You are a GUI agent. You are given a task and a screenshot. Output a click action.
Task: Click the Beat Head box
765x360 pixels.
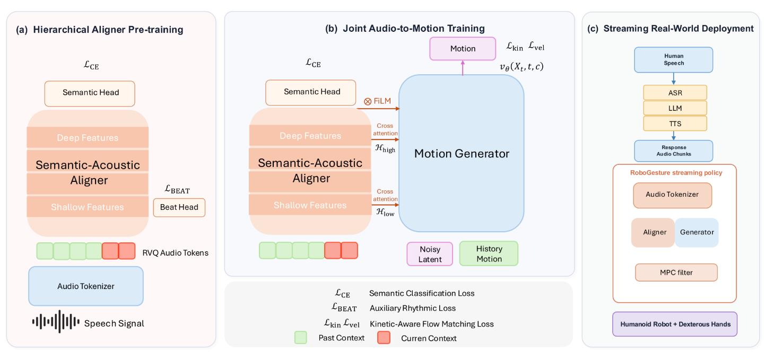[179, 207]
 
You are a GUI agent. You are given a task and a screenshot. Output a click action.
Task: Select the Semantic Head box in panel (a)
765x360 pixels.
[90, 93]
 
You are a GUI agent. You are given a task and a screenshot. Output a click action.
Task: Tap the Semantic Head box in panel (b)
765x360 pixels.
[311, 92]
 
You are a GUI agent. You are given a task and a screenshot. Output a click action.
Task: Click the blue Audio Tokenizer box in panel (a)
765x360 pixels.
[86, 286]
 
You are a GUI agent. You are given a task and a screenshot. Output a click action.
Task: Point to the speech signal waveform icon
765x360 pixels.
[56, 321]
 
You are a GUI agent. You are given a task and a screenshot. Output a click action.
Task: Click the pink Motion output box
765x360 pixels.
[463, 49]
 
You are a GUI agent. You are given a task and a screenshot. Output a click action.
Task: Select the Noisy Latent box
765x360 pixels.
[430, 254]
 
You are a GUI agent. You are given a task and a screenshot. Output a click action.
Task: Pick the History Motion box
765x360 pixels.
[489, 253]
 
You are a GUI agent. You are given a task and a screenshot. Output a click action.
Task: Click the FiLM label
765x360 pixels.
[377, 101]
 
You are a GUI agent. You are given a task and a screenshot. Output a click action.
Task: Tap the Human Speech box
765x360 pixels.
[673, 60]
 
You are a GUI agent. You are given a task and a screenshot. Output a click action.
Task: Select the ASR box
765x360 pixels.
[675, 92]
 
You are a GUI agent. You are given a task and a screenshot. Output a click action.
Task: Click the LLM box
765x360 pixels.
[675, 108]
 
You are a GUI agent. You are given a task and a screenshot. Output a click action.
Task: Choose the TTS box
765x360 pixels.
[675, 124]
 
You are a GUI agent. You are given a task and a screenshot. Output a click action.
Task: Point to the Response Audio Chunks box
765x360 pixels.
[673, 151]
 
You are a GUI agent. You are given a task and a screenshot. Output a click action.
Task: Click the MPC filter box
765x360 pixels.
[676, 273]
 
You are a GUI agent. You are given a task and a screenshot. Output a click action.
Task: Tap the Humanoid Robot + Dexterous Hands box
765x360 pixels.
[675, 324]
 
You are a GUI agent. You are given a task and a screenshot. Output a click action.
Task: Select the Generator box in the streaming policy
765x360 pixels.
[697, 232]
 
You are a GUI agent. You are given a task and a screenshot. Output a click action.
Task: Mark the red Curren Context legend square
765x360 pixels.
[384, 338]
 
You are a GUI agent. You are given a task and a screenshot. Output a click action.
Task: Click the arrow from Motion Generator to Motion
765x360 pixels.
[463, 68]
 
